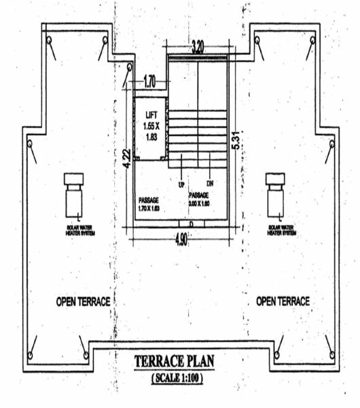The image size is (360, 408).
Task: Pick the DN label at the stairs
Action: click(x=211, y=184)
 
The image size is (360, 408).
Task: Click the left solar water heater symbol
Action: click(x=73, y=194)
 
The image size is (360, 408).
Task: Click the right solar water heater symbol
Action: click(x=276, y=194)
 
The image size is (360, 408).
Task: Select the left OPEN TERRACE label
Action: click(x=83, y=301)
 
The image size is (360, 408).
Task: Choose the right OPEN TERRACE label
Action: click(x=283, y=301)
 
